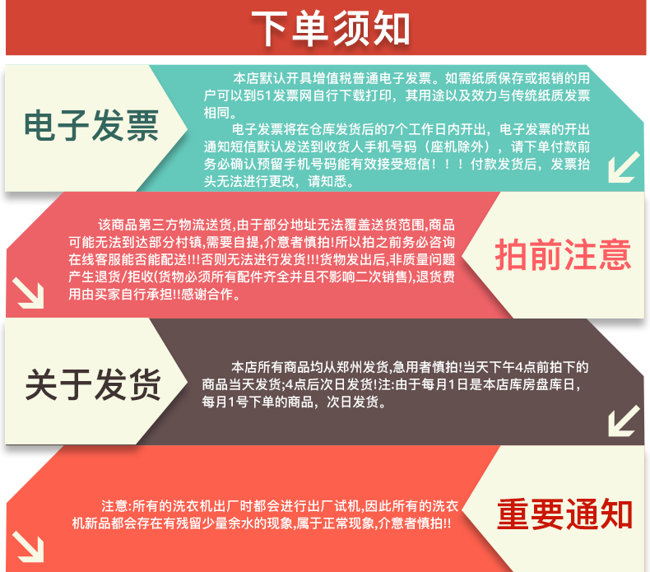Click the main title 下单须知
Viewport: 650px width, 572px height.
click(331, 28)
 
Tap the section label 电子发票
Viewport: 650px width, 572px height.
click(91, 126)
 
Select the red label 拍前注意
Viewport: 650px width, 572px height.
click(563, 254)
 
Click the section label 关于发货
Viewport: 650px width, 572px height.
click(93, 385)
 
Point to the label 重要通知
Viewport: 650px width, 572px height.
click(564, 514)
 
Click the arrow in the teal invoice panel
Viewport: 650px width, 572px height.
click(624, 167)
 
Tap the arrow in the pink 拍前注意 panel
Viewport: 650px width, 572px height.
click(28, 293)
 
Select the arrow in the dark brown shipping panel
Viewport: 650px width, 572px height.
click(624, 421)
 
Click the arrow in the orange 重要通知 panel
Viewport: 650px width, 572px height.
click(28, 546)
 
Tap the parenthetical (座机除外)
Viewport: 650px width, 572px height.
click(460, 146)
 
